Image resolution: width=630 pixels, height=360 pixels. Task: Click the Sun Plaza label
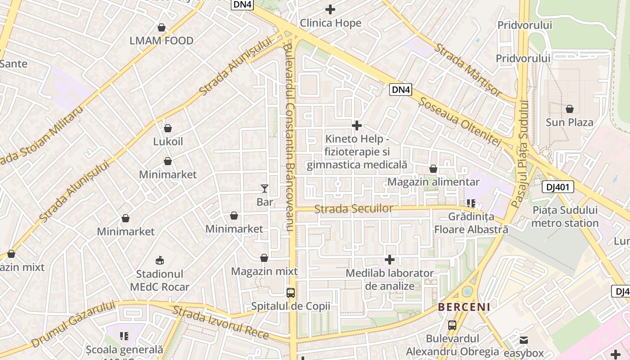coord(569,122)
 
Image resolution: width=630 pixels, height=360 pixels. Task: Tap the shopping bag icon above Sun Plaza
coord(570,109)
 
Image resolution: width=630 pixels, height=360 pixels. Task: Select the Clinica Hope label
coord(330,23)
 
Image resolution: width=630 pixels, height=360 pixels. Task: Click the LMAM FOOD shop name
coord(162,40)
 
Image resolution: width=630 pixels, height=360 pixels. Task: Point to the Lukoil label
coord(168,141)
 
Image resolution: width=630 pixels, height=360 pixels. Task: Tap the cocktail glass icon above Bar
coord(265,189)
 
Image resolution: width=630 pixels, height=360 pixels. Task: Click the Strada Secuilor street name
coord(354,209)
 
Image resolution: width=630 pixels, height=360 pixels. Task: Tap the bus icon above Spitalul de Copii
coord(291,293)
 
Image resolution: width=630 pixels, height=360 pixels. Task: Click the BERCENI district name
coord(464,307)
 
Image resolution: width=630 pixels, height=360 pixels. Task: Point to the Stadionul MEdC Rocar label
coord(160,280)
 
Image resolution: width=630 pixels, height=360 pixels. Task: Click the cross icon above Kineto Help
coord(357,125)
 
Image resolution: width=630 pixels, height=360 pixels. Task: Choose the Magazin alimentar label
coord(433,182)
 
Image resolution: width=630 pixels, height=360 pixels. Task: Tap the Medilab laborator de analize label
coord(390,279)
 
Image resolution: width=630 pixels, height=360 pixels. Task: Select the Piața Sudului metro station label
coord(565,216)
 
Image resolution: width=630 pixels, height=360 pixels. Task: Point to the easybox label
coord(524,353)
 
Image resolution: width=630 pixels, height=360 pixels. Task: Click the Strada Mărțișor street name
coord(468,70)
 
